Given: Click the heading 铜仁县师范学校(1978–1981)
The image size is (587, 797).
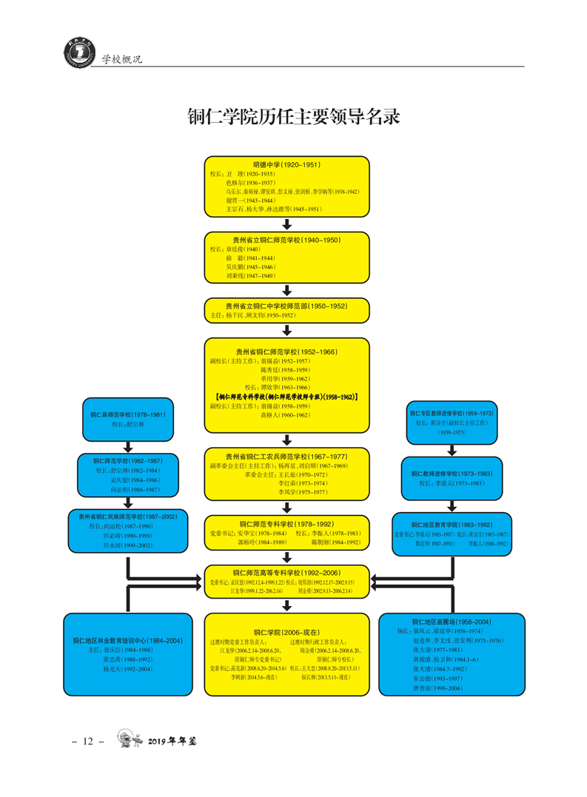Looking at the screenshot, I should coord(128,415).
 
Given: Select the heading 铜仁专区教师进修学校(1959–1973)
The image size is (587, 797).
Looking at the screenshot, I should coord(452,412).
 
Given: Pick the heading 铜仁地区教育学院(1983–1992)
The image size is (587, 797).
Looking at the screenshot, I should coord(452,522).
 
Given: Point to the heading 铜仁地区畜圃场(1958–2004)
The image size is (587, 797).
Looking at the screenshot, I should coord(452,622).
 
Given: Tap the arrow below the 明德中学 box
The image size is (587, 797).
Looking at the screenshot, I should coord(287,224).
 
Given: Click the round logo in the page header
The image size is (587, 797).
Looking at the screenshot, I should coord(74,55).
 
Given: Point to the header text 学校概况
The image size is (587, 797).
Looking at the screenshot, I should coord(121,58).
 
